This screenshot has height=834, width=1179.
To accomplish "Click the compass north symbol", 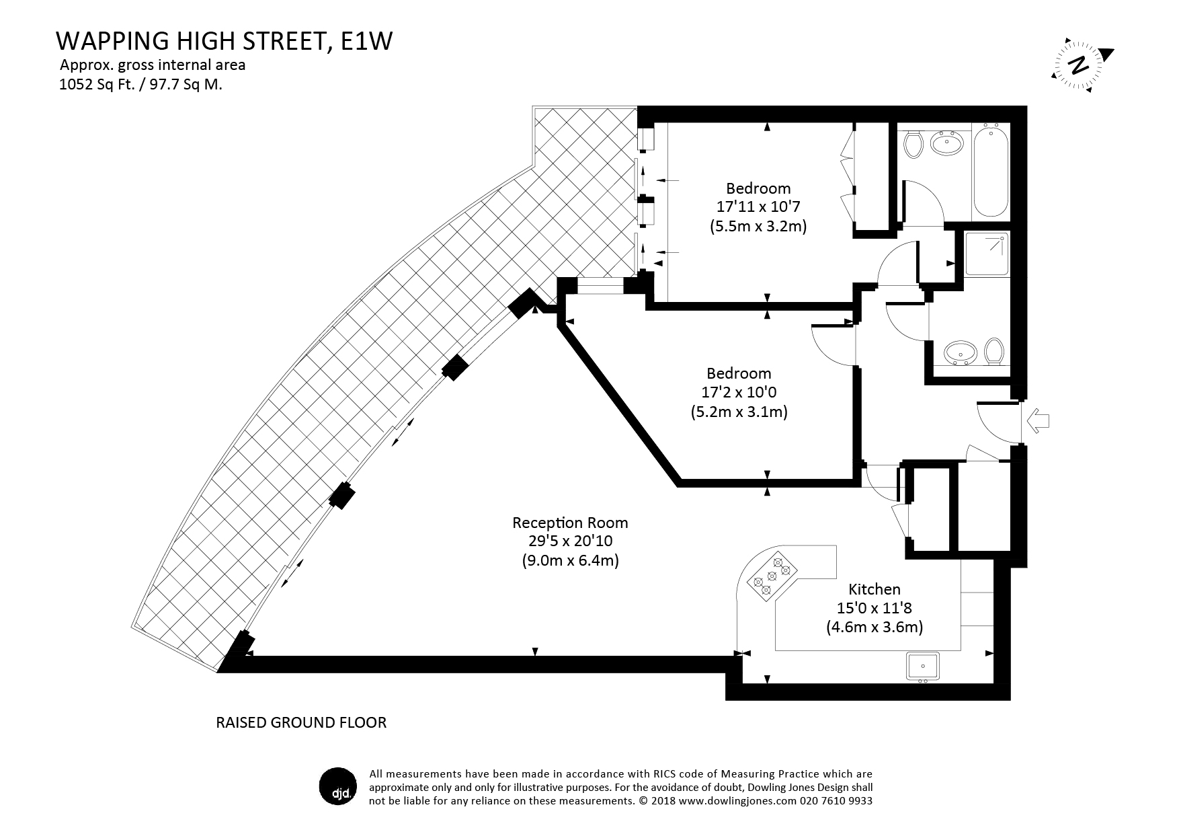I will [x=1080, y=65].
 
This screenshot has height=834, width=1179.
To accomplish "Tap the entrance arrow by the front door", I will [x=1039, y=422].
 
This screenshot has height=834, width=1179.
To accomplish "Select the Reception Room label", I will [x=570, y=523].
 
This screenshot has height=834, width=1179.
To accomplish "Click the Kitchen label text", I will [x=874, y=590].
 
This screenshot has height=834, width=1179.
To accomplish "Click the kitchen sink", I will [x=926, y=667].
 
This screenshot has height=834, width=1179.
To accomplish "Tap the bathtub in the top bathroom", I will [x=991, y=172].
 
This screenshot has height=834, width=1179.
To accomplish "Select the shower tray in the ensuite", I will [x=987, y=254].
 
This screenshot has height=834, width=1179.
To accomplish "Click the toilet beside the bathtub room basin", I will [x=913, y=144].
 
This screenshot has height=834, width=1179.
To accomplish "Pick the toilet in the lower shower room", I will [x=993, y=350].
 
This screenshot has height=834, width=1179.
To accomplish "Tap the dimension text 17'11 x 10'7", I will [x=758, y=207].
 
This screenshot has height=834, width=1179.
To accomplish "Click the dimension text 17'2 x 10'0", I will [x=739, y=392].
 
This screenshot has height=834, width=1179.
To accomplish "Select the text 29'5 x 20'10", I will [x=570, y=541].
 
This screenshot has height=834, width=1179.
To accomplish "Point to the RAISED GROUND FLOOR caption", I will [x=301, y=723].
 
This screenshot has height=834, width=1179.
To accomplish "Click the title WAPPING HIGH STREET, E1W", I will [x=224, y=41].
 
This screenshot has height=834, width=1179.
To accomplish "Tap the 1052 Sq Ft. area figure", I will [x=98, y=85].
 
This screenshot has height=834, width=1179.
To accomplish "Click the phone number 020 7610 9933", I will [x=836, y=801].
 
